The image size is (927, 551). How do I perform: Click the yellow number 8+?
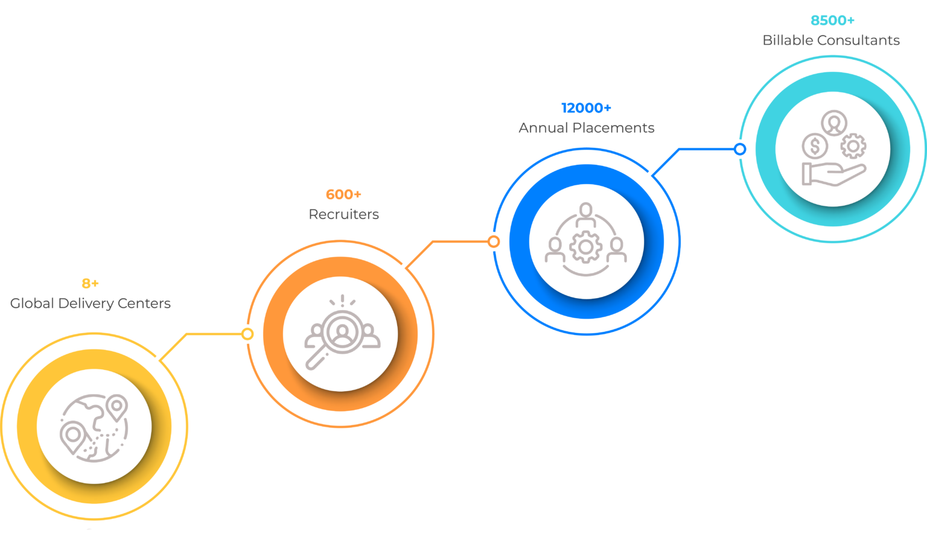pyautogui.click(x=90, y=283)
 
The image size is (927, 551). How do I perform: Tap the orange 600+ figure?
pyautogui.click(x=343, y=194)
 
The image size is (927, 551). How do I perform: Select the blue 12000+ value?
pyautogui.click(x=586, y=108)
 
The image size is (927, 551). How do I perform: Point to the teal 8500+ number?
pyautogui.click(x=832, y=21)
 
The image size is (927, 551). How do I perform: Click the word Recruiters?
pyautogui.click(x=343, y=214)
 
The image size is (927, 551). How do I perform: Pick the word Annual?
pyautogui.click(x=543, y=128)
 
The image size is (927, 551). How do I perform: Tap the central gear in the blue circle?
pyautogui.click(x=585, y=247)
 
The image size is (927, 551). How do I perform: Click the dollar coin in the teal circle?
pyautogui.click(x=815, y=145)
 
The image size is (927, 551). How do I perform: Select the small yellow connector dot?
pyautogui.click(x=247, y=334)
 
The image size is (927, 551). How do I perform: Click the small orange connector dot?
pyautogui.click(x=494, y=242)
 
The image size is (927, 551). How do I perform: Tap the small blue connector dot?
pyautogui.click(x=740, y=149)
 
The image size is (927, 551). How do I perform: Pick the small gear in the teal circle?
pyautogui.click(x=853, y=145)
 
